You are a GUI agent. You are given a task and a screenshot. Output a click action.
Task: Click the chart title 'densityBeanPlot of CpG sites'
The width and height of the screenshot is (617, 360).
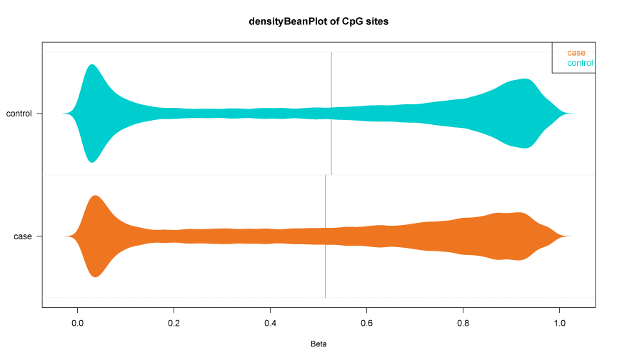pos(308,22)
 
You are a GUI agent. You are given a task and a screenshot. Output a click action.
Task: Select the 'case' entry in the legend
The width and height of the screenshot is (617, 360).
pos(576,53)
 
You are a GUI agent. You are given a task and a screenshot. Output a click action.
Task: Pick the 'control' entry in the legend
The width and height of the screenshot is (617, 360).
pos(580,64)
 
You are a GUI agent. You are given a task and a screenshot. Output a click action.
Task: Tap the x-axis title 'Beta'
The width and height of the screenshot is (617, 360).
pos(318,344)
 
